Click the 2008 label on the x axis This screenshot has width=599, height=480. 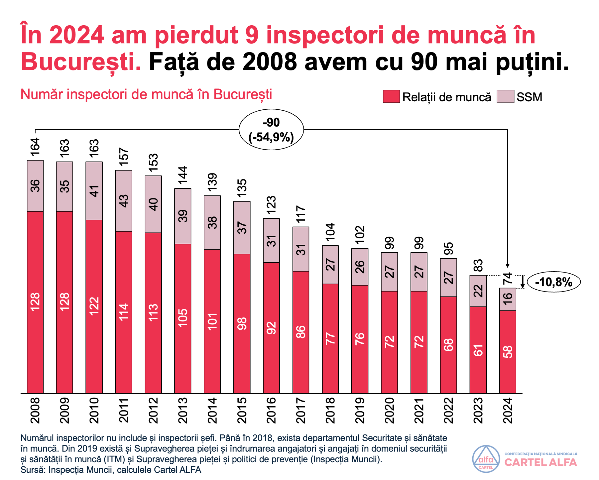click(x=35, y=410)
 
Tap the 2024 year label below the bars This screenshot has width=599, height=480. click(x=508, y=410)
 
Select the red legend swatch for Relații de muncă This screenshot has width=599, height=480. click(x=391, y=97)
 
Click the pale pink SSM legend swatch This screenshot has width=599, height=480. click(x=505, y=97)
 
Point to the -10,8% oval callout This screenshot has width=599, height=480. click(x=554, y=282)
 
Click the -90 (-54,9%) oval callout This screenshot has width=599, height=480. click(x=271, y=130)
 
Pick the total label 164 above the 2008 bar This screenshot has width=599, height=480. click(x=35, y=147)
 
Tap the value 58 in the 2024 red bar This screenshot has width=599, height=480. click(x=508, y=352)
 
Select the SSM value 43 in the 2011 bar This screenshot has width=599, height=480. click(x=124, y=201)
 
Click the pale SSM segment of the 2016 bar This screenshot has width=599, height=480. click(x=271, y=241)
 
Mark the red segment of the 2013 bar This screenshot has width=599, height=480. click(x=183, y=318)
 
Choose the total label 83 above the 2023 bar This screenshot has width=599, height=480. click(x=478, y=266)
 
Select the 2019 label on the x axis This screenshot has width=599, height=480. click(x=360, y=410)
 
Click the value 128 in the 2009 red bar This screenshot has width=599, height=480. click(x=65, y=302)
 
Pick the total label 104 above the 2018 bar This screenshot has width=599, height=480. click(x=330, y=232)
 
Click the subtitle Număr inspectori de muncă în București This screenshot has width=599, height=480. click(x=146, y=94)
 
